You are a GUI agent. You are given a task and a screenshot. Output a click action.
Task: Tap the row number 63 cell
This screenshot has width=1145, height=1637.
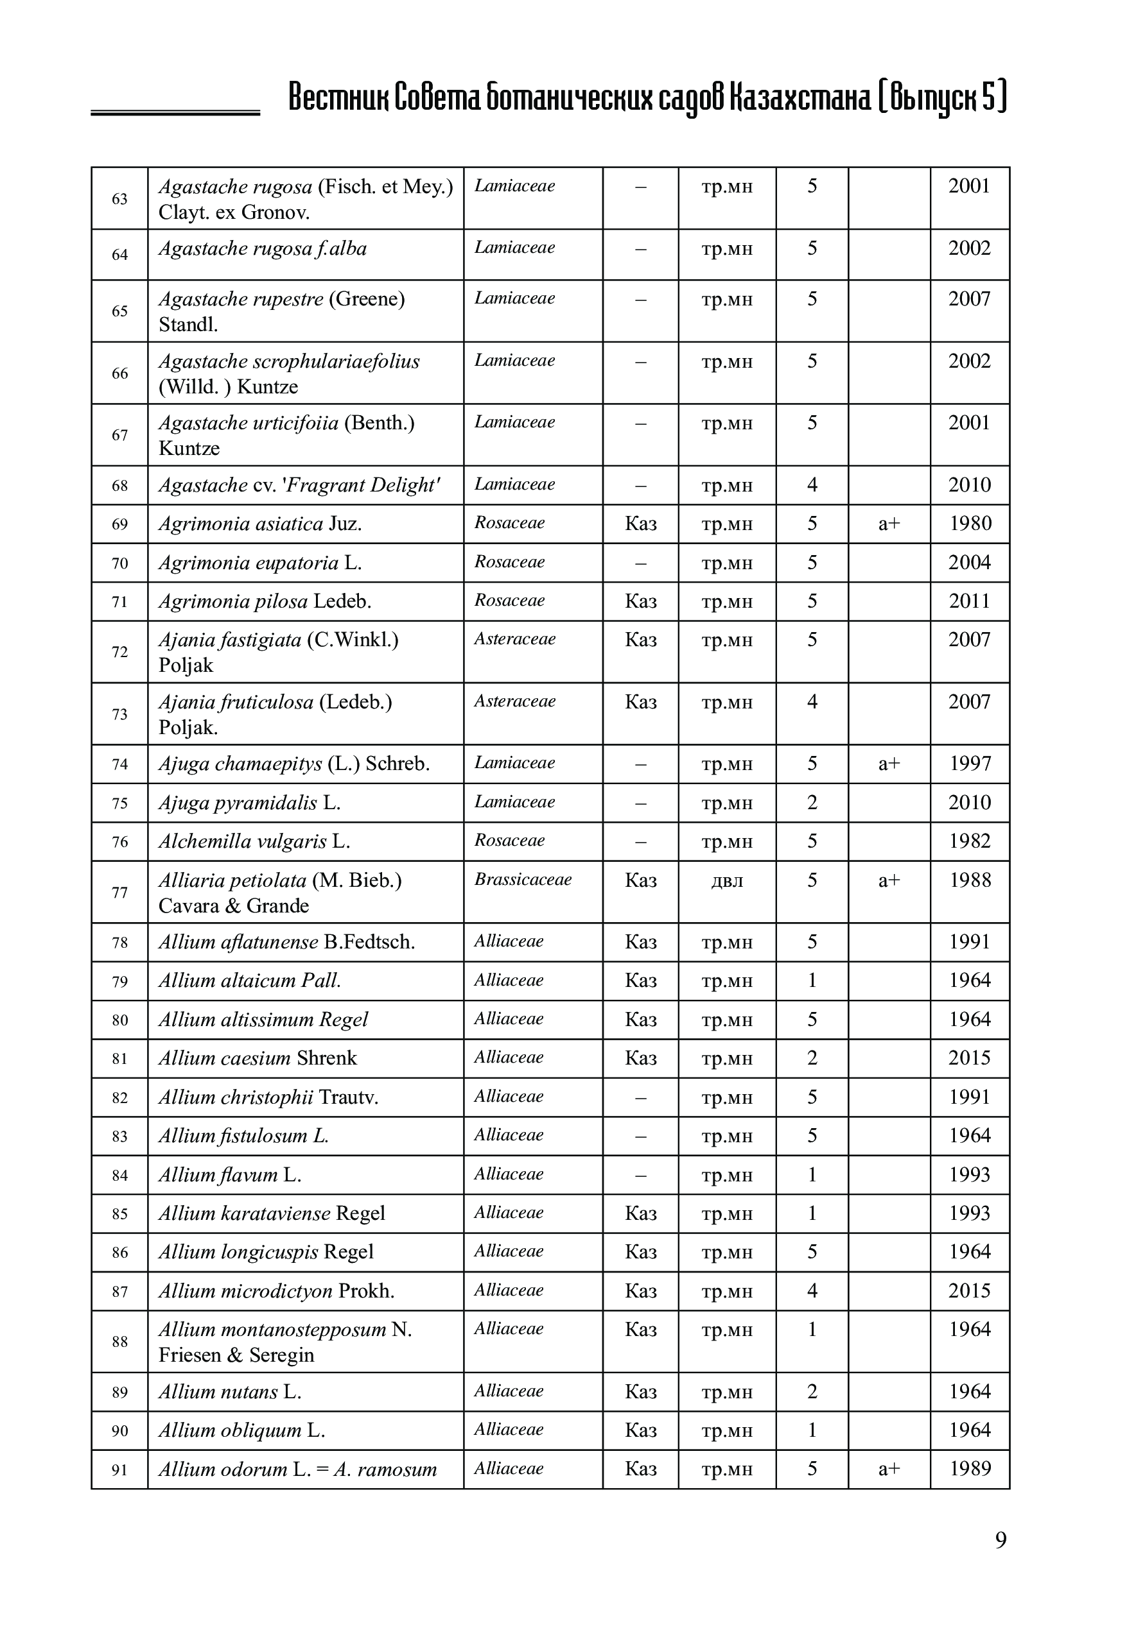point(120,199)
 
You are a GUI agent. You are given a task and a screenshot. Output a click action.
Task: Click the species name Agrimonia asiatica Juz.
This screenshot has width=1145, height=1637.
point(259,525)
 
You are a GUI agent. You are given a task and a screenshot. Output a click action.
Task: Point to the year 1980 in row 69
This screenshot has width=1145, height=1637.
point(970,524)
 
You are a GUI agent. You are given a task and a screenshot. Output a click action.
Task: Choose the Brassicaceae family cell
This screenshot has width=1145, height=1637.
point(523,880)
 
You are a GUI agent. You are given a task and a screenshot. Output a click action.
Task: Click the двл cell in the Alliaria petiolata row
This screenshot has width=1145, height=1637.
point(727,882)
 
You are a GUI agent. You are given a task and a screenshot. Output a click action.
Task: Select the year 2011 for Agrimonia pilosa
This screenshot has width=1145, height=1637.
point(970,602)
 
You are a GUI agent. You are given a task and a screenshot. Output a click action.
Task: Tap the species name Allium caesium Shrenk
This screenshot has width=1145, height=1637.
point(258,1058)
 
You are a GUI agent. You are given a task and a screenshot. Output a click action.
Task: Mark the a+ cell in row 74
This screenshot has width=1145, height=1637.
point(889,764)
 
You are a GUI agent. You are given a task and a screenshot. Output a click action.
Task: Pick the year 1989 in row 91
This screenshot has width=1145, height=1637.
point(970,1469)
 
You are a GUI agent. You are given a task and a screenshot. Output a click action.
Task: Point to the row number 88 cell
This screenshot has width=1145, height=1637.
point(120,1342)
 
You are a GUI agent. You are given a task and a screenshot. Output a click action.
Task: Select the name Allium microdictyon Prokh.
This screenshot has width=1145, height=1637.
point(276,1291)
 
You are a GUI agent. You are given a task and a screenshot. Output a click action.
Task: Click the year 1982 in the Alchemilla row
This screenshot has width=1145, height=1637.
point(970,841)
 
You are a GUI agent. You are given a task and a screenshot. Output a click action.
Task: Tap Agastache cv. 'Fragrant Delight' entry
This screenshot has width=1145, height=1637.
point(299,486)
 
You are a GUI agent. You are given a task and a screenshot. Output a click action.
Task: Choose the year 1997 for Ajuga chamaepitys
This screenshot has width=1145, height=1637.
point(970,764)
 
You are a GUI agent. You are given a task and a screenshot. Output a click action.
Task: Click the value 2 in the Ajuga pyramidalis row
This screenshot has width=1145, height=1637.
point(812,803)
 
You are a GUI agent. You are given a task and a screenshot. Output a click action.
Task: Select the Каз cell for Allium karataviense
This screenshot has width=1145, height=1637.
point(641,1213)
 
